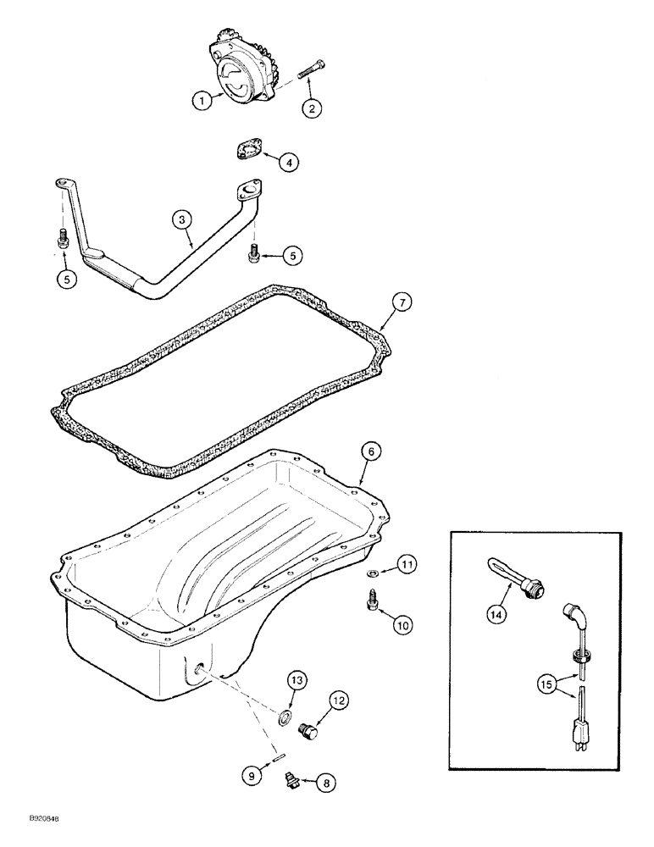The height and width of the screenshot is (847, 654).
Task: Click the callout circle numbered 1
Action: click(x=201, y=101)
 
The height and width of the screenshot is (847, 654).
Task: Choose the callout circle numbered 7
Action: click(x=403, y=302)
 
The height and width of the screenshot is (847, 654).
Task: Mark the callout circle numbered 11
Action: click(x=407, y=562)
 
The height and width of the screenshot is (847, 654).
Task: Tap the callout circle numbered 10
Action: click(x=402, y=625)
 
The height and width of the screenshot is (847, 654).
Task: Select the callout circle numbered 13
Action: click(x=297, y=681)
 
